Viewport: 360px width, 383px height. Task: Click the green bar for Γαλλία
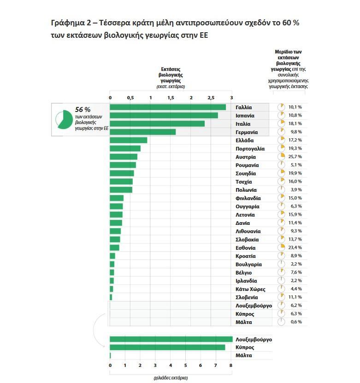168,107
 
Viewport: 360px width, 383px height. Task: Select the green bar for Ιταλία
157,124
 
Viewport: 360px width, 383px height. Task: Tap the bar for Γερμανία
143,132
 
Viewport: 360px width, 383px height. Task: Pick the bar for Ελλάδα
129,140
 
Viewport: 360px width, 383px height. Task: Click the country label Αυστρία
245,157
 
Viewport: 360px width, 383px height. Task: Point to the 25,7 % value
295,157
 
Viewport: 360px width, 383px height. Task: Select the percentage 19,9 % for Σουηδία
295,173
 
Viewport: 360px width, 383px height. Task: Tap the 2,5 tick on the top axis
211,98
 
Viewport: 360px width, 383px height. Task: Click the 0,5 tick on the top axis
130,98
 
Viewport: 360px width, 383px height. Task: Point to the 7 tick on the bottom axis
216,365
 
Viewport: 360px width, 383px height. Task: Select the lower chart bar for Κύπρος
167,348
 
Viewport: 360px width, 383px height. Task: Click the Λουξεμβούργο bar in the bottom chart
171,339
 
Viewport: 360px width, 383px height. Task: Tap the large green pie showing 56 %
64,119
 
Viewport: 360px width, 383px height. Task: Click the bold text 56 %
83,110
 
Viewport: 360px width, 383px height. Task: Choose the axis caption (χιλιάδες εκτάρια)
171,378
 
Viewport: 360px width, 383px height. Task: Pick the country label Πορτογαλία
249,148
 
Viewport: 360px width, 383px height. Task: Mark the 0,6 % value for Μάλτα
295,322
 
